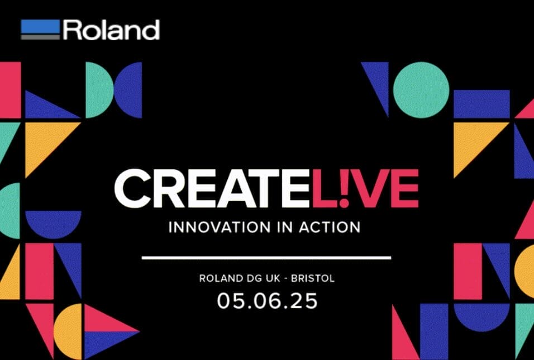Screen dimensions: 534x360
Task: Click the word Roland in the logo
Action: (x=111, y=30)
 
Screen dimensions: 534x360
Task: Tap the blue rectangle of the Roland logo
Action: (x=40, y=26)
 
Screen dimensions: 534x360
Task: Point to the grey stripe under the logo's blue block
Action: (x=40, y=37)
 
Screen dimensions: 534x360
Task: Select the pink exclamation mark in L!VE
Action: (x=344, y=188)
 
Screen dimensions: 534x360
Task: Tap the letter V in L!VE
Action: (x=370, y=188)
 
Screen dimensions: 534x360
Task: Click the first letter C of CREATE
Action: (x=133, y=188)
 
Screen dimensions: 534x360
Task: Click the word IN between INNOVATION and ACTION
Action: (x=285, y=227)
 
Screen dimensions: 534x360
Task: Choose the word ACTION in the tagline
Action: (x=330, y=227)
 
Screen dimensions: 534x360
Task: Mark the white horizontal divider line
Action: (x=266, y=258)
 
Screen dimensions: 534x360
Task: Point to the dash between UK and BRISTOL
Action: (x=285, y=279)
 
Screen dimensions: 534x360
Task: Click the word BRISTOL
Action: (x=313, y=278)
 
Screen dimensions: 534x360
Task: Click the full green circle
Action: (x=421, y=90)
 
